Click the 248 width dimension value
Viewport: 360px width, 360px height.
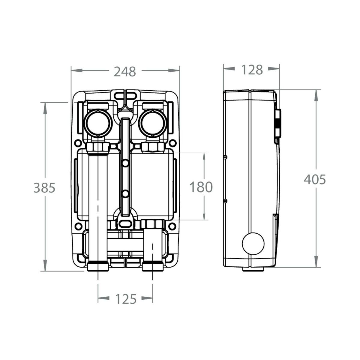[125, 72]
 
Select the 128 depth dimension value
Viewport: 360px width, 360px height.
[252, 70]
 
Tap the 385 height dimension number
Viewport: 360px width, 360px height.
[44, 188]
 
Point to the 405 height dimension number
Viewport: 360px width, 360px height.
[315, 179]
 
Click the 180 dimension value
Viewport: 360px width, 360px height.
[201, 187]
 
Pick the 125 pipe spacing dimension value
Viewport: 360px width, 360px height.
[126, 299]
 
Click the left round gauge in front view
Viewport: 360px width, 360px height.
[98, 123]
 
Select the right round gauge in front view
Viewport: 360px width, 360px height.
[153, 123]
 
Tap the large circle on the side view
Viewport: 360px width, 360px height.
[253, 243]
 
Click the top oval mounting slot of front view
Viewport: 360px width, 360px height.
[125, 96]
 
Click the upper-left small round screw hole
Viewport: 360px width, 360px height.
[78, 143]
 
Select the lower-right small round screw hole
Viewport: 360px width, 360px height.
[172, 226]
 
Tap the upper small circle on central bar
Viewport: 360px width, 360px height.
[125, 163]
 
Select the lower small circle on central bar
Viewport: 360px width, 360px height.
[125, 194]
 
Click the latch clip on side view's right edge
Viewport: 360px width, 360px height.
[278, 123]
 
